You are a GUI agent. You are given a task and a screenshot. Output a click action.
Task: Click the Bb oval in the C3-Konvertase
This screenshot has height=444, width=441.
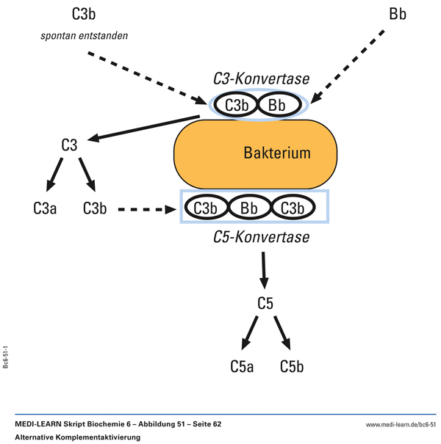(276, 106)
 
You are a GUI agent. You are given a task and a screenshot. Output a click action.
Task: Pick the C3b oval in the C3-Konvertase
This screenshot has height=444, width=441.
(237, 106)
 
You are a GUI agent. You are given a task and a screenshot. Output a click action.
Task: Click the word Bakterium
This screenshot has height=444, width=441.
(277, 153)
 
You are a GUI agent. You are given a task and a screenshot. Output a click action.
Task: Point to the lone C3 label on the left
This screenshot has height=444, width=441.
(69, 145)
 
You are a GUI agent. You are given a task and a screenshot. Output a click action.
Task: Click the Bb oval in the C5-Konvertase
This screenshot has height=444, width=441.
(251, 208)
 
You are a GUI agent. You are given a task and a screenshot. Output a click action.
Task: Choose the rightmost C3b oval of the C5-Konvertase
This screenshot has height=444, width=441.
(293, 208)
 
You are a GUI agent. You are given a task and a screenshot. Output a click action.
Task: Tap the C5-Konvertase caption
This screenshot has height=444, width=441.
(261, 237)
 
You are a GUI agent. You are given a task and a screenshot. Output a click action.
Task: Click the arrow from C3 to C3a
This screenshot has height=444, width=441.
(54, 175)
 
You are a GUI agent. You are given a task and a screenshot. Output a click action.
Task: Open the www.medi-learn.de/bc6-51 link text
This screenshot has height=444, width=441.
(401, 424)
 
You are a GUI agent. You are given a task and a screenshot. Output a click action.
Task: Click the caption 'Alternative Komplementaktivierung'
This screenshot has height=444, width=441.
(77, 437)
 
